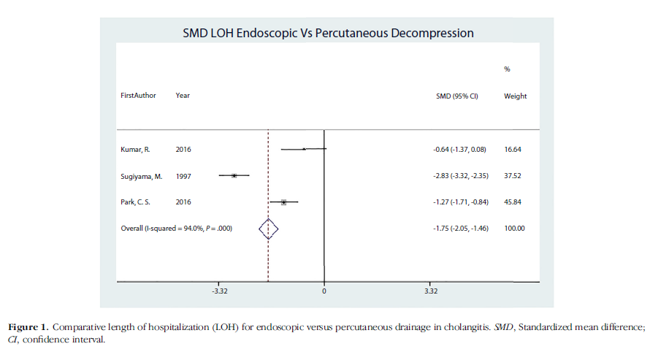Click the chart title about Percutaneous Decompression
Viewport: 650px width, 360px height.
327,34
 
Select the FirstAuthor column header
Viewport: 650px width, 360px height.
138,96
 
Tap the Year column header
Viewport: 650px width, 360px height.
183,96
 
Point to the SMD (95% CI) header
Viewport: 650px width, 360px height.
456,96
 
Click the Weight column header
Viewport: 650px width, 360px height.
515,96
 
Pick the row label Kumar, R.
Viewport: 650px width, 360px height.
135,149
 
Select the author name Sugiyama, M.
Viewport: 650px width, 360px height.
141,176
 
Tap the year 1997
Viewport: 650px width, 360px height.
183,176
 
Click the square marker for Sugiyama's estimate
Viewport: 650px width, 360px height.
234,175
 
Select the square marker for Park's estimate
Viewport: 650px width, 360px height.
283,202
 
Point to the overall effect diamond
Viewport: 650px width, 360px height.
269,229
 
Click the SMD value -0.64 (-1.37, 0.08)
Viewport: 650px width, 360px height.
459,149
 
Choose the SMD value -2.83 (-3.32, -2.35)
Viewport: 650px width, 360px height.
459,176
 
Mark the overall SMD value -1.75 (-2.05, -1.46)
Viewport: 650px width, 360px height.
459,229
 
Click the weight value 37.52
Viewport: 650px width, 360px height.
513,176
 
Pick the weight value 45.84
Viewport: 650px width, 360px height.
513,202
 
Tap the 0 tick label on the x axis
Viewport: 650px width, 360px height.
324,291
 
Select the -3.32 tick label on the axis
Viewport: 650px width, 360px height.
219,291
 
